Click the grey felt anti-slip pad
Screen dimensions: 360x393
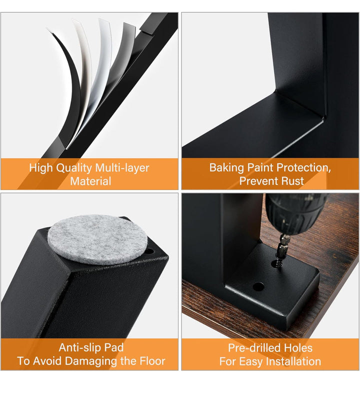(97, 240)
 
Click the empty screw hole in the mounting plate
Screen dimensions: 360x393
(258, 286)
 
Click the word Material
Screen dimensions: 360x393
(90, 181)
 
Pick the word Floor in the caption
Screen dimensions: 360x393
(152, 361)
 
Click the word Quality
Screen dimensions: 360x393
(72, 167)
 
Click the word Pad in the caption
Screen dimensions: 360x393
(114, 347)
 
